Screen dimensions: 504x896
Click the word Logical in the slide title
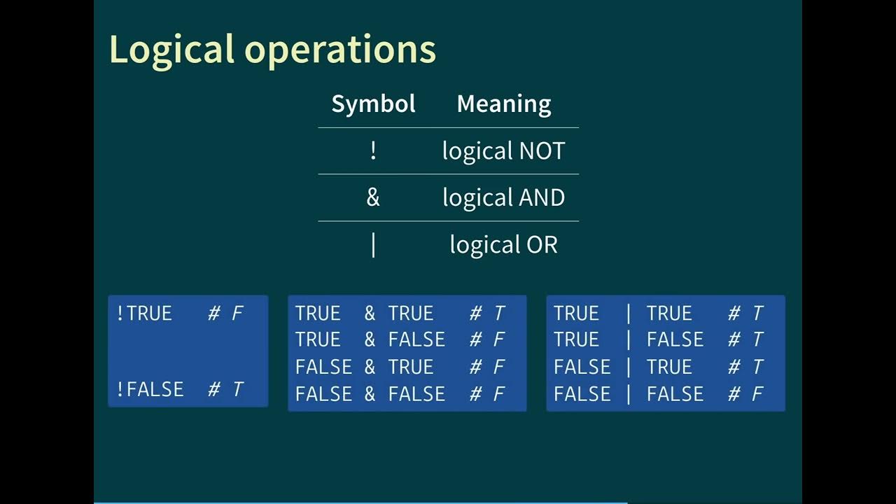(171, 50)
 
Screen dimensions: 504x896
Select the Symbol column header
(373, 104)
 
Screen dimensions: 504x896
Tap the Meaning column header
(503, 104)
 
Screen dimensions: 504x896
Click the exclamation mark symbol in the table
(373, 150)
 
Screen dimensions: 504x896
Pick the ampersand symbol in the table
(373, 197)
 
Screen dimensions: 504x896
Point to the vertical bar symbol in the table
(373, 245)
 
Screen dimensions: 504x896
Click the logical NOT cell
(503, 150)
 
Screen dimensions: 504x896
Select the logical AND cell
(503, 197)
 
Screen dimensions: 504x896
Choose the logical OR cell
(503, 244)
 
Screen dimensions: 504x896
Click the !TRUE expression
(144, 313)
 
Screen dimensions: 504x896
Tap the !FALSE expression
(150, 388)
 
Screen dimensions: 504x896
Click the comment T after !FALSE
(237, 389)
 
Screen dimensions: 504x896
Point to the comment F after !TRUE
(237, 313)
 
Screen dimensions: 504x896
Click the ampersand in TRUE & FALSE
(370, 339)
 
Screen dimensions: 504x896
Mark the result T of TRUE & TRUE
(499, 313)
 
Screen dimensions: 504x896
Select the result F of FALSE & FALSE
(499, 394)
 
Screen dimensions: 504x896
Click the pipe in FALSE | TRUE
(629, 367)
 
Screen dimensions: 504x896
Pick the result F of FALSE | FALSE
(757, 394)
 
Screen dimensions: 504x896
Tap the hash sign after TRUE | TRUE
(734, 313)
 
